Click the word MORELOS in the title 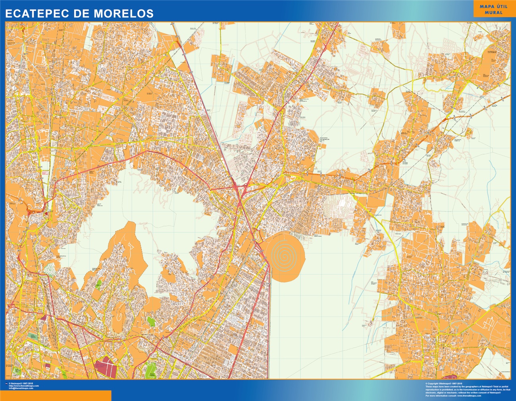coord(124,13)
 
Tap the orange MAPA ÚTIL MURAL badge coord(491,10)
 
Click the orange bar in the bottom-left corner coord(56,395)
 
